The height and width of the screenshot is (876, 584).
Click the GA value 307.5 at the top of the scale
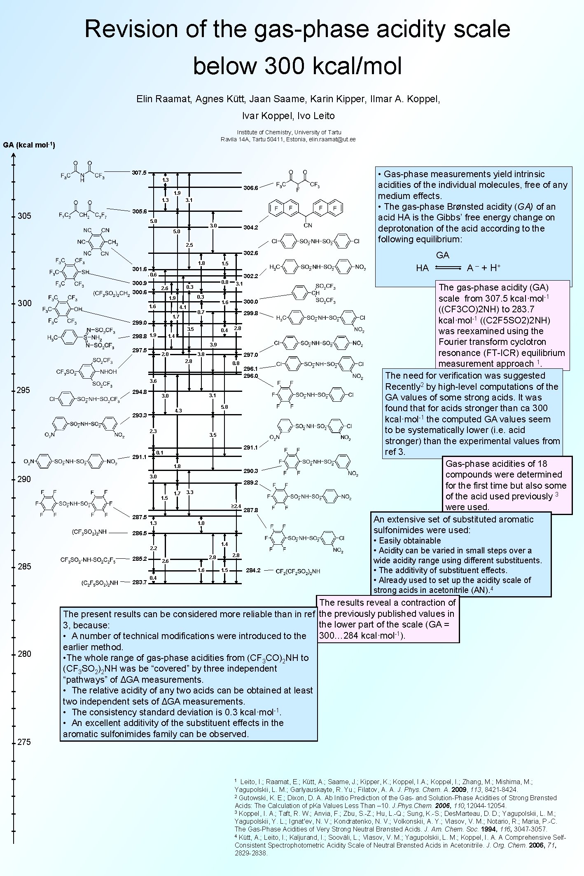139,173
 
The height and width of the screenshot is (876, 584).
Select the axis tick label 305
24,216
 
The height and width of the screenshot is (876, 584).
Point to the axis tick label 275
24,742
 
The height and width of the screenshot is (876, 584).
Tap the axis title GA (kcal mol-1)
29,145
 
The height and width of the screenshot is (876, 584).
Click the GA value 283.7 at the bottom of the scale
139,582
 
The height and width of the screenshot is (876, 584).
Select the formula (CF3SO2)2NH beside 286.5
89,532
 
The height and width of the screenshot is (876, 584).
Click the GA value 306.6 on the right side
250,188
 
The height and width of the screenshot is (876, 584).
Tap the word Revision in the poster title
131,29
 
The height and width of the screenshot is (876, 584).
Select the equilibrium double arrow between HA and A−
448,268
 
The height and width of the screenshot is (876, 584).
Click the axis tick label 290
24,479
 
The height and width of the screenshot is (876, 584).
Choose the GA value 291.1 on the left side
139,457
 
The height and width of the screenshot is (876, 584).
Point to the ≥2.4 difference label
236,506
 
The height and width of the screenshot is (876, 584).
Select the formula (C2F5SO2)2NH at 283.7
100,583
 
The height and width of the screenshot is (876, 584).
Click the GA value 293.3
139,415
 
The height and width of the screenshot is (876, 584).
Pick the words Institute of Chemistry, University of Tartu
289,132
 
